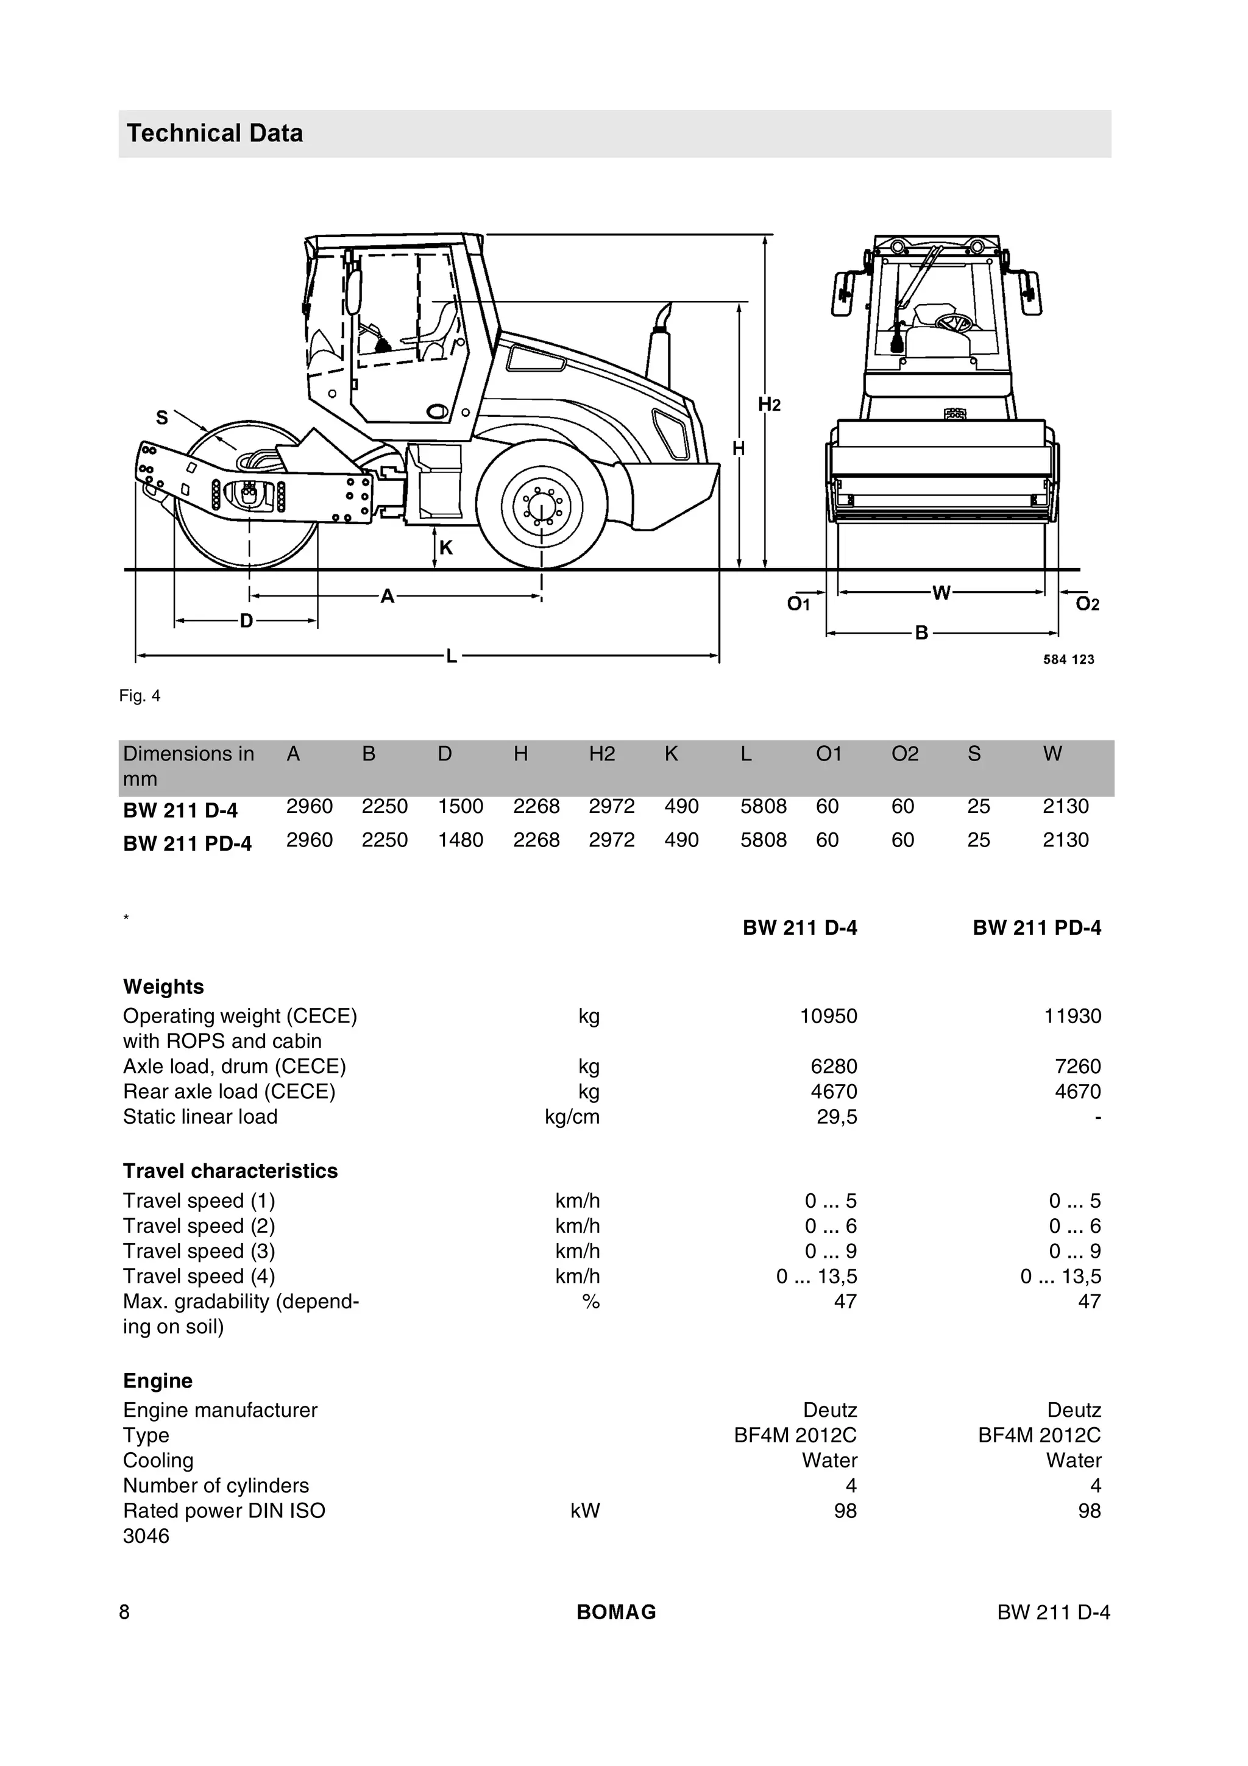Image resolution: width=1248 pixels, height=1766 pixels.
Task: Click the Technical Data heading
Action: tap(214, 133)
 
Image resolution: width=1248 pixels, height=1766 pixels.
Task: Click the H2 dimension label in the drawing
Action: tap(769, 405)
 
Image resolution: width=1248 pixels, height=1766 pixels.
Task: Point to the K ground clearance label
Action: tap(446, 548)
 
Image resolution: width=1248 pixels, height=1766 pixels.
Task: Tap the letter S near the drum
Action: tap(161, 417)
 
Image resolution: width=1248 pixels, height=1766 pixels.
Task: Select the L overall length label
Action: tap(452, 656)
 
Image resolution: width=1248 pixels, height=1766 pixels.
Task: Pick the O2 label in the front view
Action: tap(1087, 605)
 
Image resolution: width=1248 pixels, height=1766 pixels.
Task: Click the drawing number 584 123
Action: tap(1068, 659)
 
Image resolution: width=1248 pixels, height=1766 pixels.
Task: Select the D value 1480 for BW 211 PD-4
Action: tap(460, 840)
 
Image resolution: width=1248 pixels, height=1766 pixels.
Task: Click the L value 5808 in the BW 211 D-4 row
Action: tap(763, 806)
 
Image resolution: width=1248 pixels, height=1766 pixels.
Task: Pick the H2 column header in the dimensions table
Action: tap(602, 754)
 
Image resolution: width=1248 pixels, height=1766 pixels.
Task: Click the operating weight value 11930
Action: tap(1072, 1016)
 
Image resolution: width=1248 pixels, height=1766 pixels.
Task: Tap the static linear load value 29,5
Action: tap(837, 1117)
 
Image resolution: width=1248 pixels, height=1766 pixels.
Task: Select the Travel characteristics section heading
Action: tap(230, 1171)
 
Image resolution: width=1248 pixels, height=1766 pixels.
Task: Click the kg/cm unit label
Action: tap(572, 1117)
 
